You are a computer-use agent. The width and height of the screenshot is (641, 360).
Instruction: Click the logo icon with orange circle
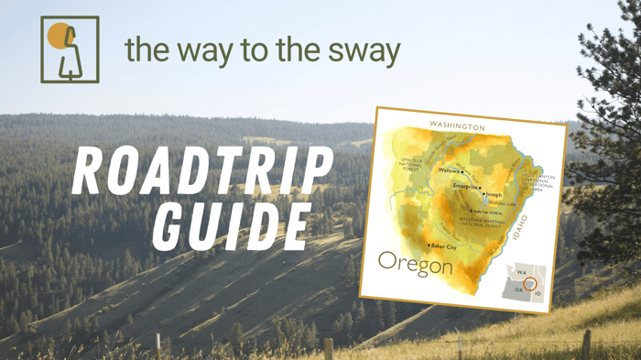pos(70,49)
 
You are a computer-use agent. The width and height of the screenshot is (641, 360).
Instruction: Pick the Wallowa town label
pos(450,170)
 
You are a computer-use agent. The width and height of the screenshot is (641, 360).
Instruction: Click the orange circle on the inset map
pos(529,284)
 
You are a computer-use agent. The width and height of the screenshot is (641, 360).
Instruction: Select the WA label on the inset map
pos(519,272)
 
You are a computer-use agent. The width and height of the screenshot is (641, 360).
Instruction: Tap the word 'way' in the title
pos(213,51)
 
